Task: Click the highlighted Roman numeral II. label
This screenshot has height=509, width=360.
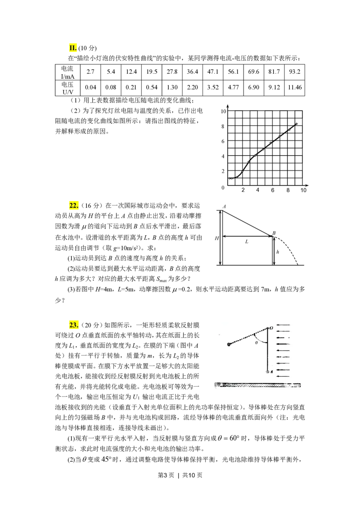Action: [73, 49]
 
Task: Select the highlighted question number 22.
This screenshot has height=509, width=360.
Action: [73, 205]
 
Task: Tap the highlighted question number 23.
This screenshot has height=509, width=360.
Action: [74, 325]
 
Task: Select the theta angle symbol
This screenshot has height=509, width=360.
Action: [256, 343]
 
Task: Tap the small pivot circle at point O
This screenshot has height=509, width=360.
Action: [268, 328]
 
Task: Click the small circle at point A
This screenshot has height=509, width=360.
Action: [268, 372]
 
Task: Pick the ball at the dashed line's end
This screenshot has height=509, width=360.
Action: [229, 344]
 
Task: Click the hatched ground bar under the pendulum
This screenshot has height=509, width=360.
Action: [257, 385]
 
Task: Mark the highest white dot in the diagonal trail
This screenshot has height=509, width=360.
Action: [297, 123]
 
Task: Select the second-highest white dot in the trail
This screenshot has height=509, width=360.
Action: [290, 130]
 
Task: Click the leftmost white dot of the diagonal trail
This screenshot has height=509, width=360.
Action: [229, 179]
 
